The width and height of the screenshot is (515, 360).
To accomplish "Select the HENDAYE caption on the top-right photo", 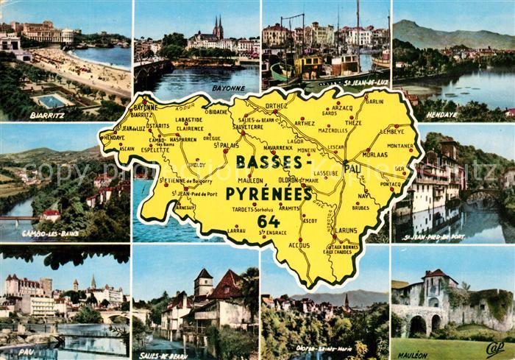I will point(441,116).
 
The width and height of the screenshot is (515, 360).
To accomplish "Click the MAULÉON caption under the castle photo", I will point(412,355).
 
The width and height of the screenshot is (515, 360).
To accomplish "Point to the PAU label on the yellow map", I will point(353,169).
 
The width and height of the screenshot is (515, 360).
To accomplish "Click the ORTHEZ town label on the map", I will point(276,106).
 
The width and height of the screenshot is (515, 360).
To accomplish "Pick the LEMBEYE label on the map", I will point(392,131).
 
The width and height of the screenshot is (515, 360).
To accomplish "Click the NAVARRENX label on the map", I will point(278,148).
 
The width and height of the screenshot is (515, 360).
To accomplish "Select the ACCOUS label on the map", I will point(299,244).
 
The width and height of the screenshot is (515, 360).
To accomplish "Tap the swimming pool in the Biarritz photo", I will point(51,101).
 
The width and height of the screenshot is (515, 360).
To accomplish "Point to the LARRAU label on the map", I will point(236,230).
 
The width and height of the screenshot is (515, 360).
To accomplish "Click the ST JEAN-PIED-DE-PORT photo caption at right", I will point(434,237).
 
